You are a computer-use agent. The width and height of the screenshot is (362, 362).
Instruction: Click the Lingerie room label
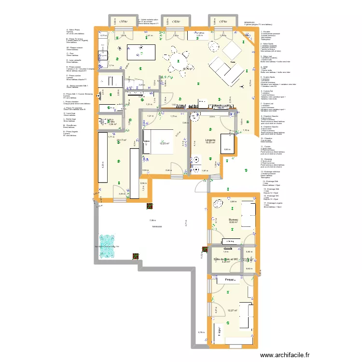click(x=210, y=139)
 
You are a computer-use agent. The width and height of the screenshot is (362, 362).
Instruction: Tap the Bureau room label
click(x=234, y=219)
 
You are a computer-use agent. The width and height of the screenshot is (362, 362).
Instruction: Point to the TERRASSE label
click(x=156, y=226)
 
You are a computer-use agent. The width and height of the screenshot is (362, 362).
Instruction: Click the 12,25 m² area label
click(x=165, y=143)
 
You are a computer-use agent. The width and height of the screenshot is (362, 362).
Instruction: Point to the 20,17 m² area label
click(x=122, y=140)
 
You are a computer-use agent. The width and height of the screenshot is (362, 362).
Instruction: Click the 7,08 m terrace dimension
click(x=153, y=221)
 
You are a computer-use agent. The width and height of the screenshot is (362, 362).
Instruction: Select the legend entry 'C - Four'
click(x=72, y=54)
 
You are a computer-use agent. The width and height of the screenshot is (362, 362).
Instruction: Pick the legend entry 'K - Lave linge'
click(x=70, y=113)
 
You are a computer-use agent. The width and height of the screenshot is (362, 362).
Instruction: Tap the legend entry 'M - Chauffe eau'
click(x=71, y=125)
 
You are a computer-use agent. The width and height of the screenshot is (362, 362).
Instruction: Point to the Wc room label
click(x=111, y=121)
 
